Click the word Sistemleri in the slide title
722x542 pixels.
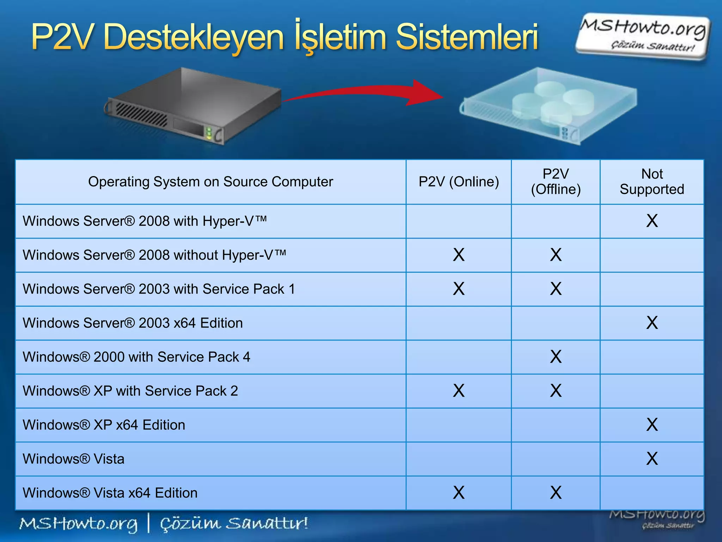[467, 37]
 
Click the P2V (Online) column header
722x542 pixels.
[459, 182]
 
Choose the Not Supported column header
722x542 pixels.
[652, 182]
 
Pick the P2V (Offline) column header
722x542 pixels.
[556, 182]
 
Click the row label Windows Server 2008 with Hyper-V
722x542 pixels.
[145, 221]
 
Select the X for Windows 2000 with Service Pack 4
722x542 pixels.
[556, 357]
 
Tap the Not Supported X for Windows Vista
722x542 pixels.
[652, 459]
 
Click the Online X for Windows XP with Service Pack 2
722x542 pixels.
[459, 391]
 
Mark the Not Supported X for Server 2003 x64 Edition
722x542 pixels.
[652, 323]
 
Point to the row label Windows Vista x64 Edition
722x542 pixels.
[110, 493]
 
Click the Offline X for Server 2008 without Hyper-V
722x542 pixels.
[556, 255]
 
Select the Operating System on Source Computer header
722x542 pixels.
[210, 182]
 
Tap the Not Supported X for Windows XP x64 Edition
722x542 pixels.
[652, 425]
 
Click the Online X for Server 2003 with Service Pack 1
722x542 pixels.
[459, 289]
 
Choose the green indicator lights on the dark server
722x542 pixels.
[209, 133]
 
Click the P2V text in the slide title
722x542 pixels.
[63, 37]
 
